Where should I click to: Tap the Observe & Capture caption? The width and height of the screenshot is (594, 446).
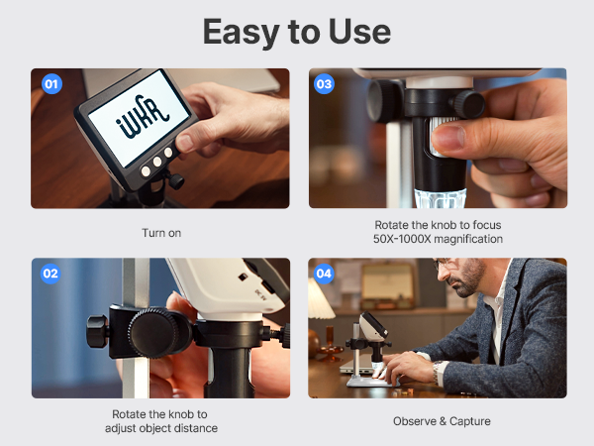[x=442, y=421]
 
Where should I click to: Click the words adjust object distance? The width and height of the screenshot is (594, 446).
[x=160, y=428]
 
